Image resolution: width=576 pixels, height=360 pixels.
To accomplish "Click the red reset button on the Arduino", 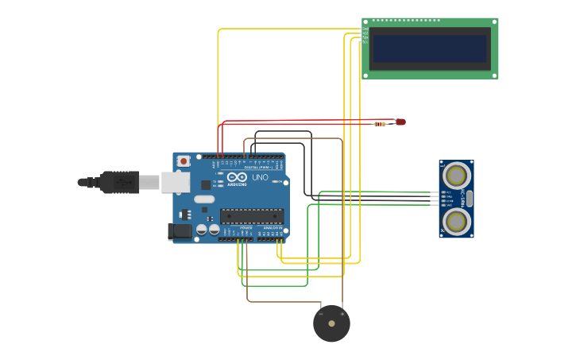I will point(184,161).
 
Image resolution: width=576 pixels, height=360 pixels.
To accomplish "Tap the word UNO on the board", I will point(261,177).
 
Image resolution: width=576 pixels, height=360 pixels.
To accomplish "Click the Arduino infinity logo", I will point(237,177).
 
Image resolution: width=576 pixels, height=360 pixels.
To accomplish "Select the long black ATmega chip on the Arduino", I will point(252,215).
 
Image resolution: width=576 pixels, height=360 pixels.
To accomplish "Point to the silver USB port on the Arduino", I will point(176,183).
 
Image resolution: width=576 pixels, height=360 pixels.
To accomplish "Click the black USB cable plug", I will point(119,182).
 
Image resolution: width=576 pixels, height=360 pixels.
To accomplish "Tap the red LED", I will point(400,122).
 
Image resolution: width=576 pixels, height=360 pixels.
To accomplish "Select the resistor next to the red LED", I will point(381,123).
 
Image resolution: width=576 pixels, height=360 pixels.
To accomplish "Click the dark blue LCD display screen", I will point(430,48).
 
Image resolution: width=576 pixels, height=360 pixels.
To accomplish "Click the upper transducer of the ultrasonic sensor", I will point(457,174).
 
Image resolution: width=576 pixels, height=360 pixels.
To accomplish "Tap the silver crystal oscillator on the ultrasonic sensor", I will point(470,198).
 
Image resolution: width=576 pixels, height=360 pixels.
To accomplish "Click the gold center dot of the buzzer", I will point(331,323).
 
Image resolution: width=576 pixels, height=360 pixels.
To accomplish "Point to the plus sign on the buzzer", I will point(342,313).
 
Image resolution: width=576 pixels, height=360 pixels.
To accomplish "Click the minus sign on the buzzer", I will point(320,313).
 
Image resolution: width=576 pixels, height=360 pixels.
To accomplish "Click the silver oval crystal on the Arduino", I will point(204,199).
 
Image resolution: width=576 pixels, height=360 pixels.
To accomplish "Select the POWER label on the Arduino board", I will point(245,228).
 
